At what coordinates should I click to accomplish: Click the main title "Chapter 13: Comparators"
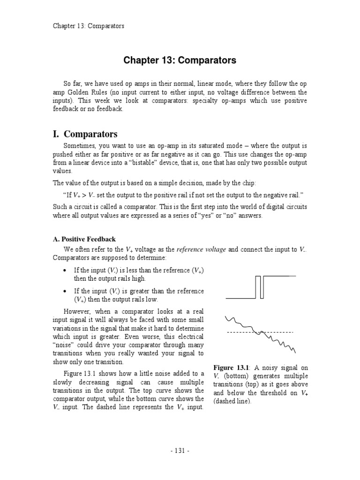pyautogui.click(x=180, y=60)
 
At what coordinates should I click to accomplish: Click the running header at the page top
pyautogui.click(x=88, y=26)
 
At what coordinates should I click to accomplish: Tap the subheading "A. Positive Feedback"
pyautogui.click(x=84, y=239)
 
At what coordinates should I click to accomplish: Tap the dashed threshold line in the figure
pyautogui.click(x=239, y=332)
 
